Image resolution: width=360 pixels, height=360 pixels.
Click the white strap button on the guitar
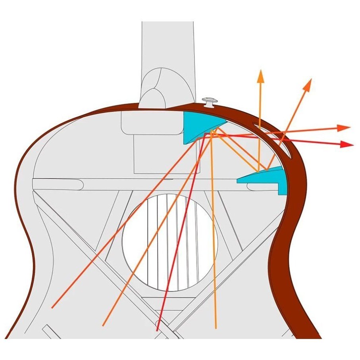(209, 102)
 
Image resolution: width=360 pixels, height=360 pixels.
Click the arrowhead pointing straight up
(261, 74)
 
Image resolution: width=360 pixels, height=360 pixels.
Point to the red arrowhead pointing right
(348, 144)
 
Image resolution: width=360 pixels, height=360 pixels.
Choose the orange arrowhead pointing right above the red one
(345, 127)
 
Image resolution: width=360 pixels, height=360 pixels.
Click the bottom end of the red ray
(158, 330)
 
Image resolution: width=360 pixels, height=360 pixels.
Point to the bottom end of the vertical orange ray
(216, 328)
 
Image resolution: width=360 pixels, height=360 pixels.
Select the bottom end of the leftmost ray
(52, 308)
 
